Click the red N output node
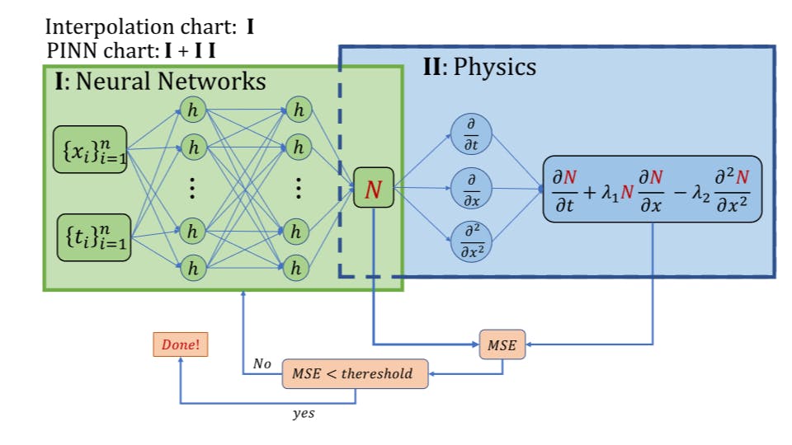[374, 189]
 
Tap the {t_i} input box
[93, 237]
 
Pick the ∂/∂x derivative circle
[471, 188]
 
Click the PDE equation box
[652, 189]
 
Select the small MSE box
[502, 345]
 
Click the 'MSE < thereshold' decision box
[356, 373]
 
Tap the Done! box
[180, 344]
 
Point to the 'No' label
[262, 363]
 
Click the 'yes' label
[304, 414]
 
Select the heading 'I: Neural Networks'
[160, 82]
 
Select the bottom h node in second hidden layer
[298, 267]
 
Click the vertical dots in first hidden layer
[192, 189]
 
